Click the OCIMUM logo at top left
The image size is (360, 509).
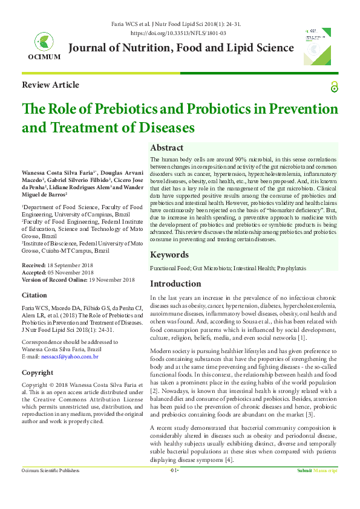pos(44,44)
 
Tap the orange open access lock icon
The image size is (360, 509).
pos(335,87)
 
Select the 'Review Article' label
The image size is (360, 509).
pos(50,85)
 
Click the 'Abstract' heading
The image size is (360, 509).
pos(166,148)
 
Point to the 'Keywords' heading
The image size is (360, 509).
pos(169,254)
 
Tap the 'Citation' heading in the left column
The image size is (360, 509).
pos(34,295)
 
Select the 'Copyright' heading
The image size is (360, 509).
pos(38,372)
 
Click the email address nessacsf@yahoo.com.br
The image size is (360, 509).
pos(70,357)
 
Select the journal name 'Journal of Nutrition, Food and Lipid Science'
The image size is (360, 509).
pos(182,48)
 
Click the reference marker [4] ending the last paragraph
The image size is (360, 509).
pos(228,460)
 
